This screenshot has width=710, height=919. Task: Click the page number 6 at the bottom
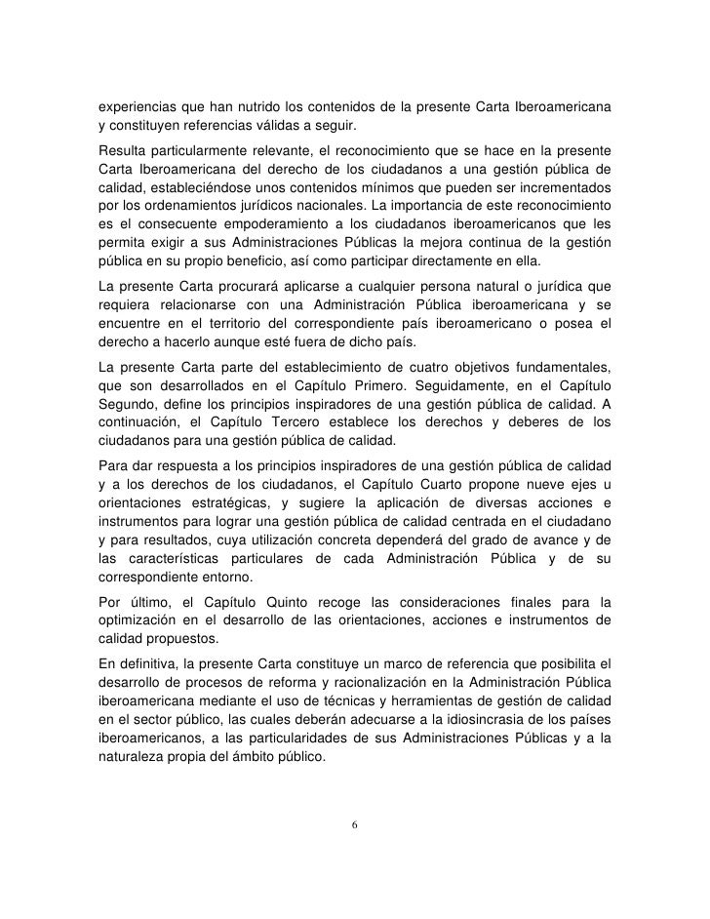[355, 824]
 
